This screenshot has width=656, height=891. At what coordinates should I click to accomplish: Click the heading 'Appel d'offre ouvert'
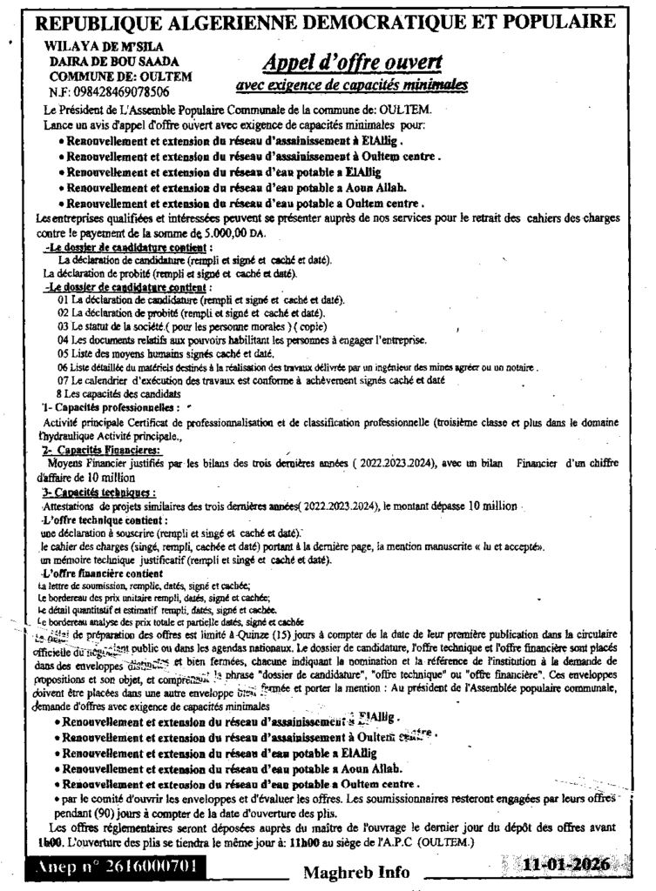click(x=352, y=63)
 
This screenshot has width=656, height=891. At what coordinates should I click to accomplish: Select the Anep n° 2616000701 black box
click(x=121, y=867)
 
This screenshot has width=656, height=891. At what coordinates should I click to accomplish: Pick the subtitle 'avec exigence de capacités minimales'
click(x=352, y=85)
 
